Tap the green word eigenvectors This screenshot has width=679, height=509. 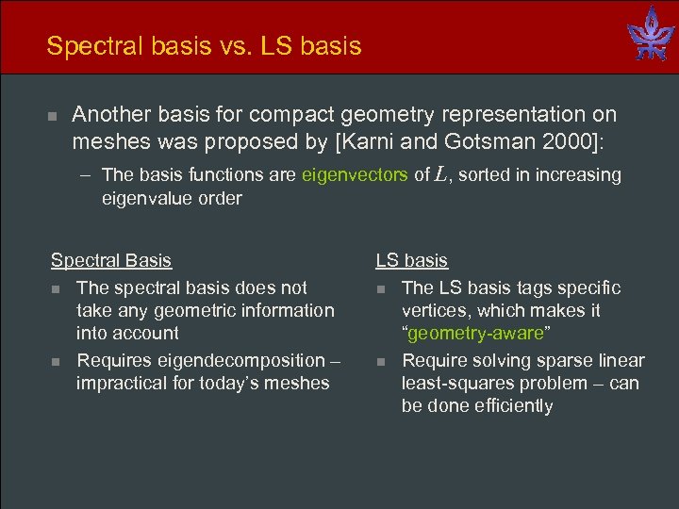[356, 174]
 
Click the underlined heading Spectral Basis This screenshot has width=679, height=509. [111, 260]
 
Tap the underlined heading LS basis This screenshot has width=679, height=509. [412, 260]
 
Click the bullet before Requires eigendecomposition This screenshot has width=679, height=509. [56, 361]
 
